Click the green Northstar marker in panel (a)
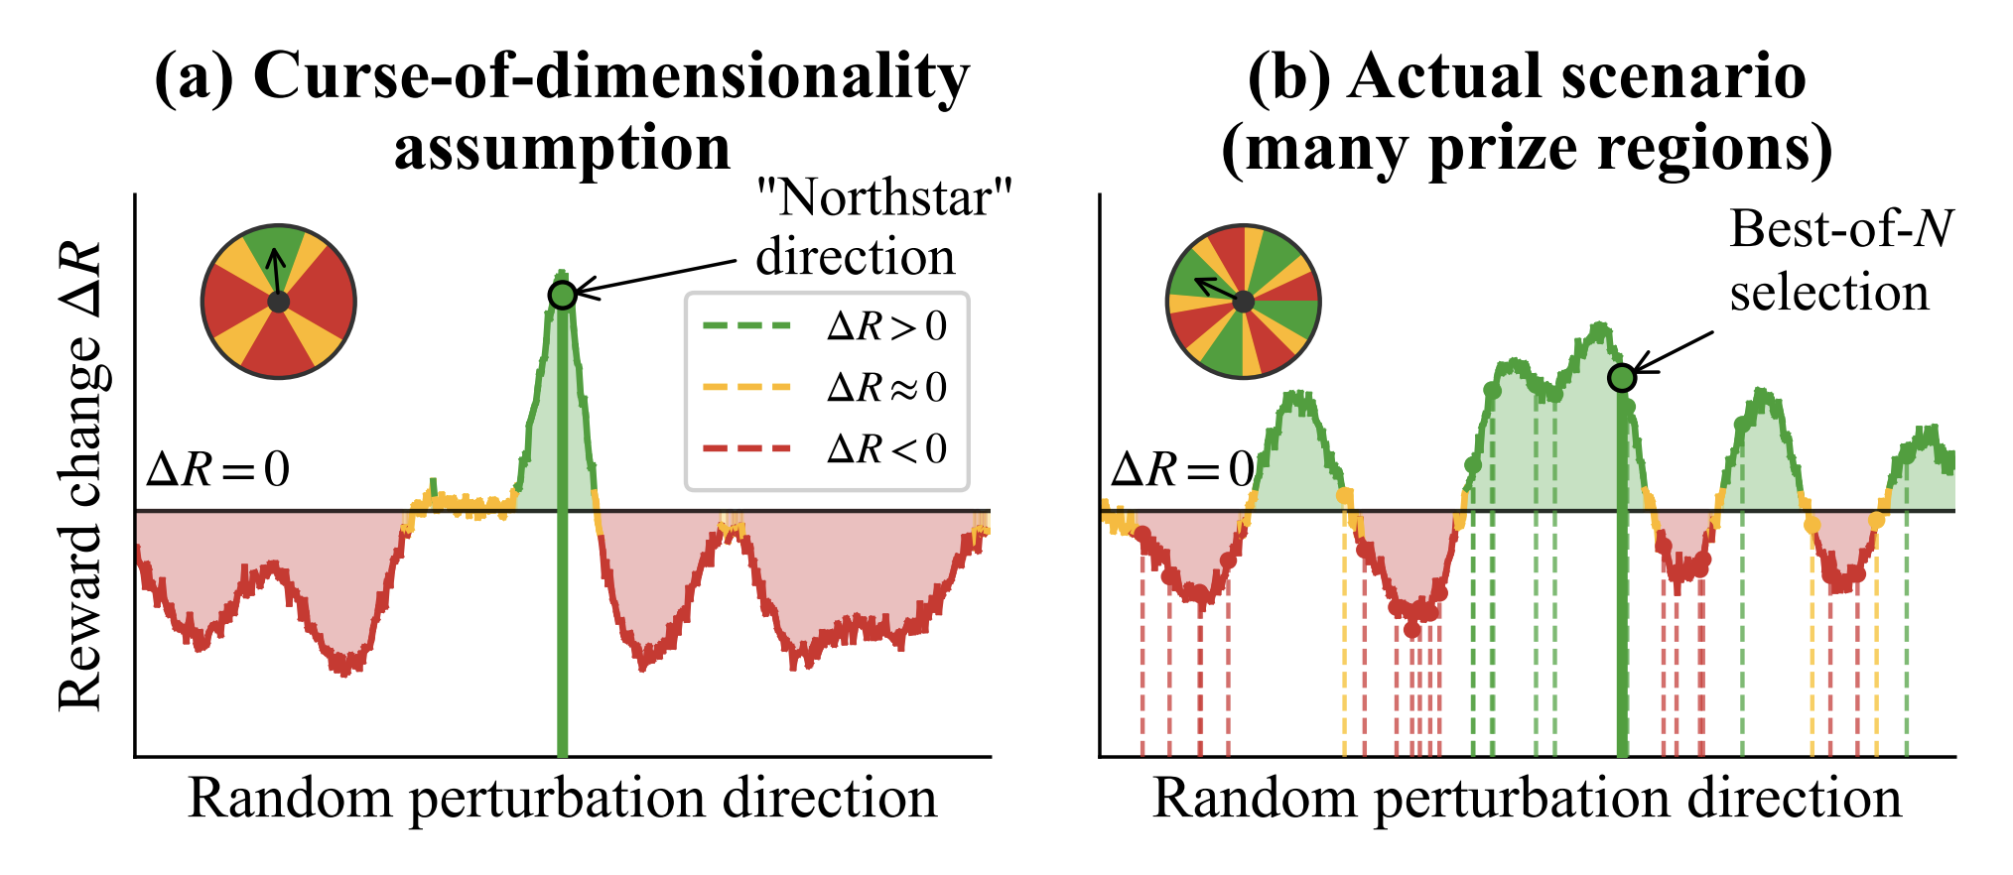pos(563,295)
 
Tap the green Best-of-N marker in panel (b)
pos(1621,378)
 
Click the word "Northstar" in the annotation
pos(883,198)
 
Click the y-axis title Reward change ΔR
pos(81,476)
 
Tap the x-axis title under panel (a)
pos(562,799)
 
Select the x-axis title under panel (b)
pos(1527,799)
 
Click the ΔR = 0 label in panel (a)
pos(217,469)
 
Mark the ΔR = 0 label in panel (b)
pos(1182,469)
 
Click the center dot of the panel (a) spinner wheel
pos(279,302)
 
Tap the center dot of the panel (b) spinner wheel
pos(1243,302)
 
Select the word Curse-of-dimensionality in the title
pos(610,77)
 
